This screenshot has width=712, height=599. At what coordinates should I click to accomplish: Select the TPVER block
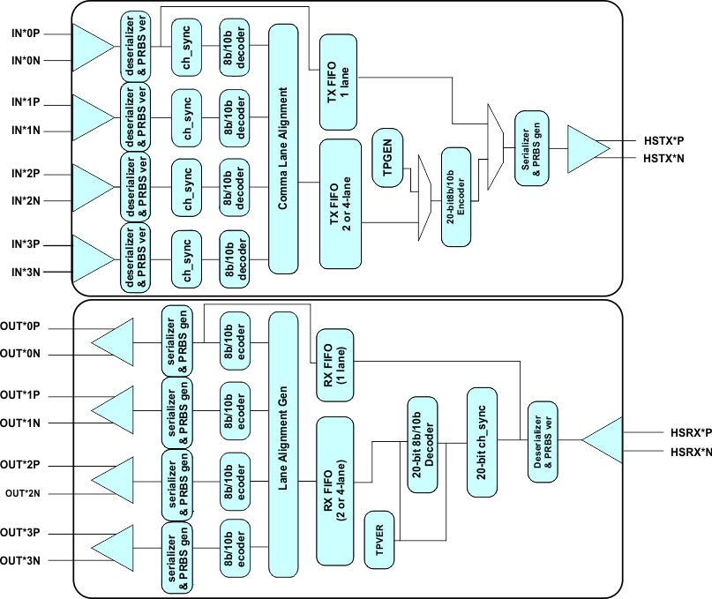click(x=380, y=539)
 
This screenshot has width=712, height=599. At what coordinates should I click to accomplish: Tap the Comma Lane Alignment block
click(x=284, y=148)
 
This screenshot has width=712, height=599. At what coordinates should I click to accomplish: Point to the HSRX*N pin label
click(x=686, y=452)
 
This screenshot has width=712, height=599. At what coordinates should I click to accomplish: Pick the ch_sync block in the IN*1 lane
click(x=187, y=116)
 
